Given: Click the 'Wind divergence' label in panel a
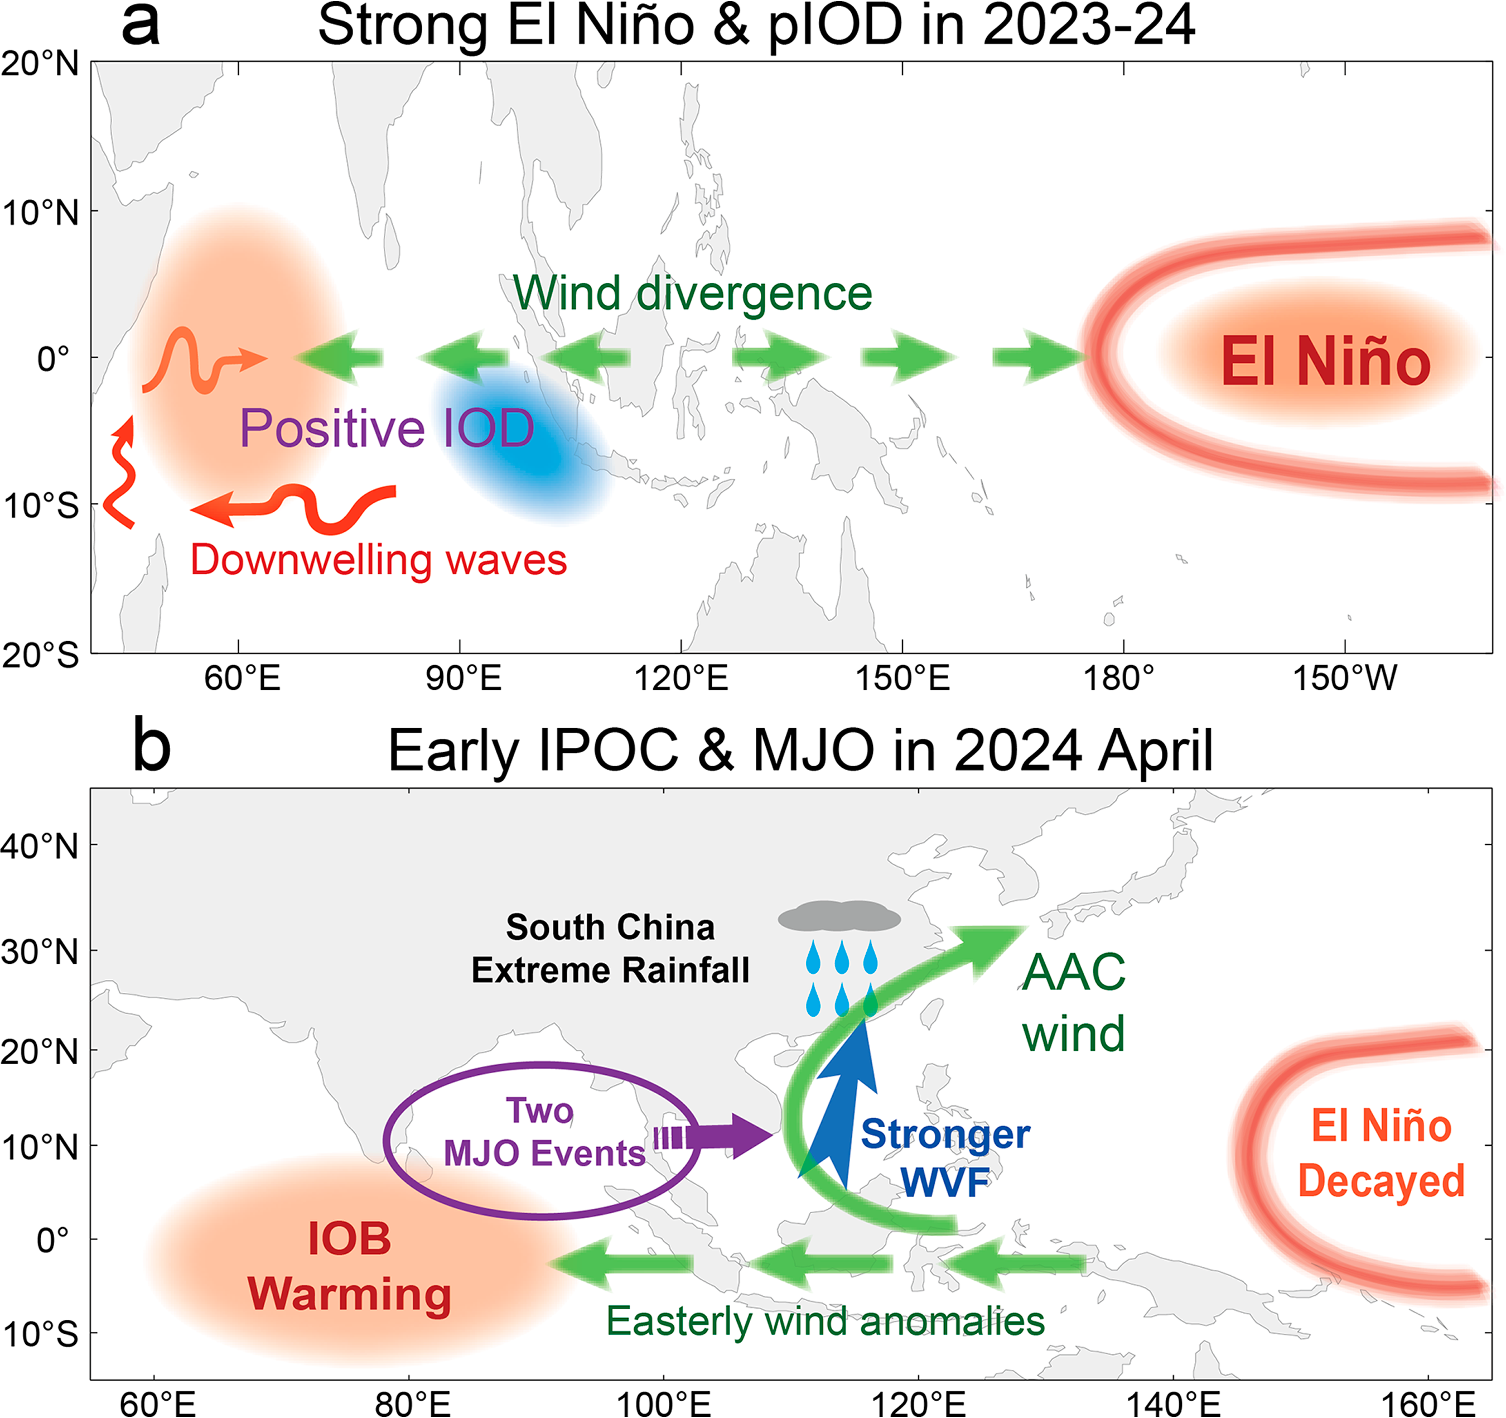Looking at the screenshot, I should pyautogui.click(x=692, y=294).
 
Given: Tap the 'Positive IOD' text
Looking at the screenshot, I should pyautogui.click(x=387, y=428).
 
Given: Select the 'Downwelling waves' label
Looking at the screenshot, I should pyautogui.click(x=378, y=560).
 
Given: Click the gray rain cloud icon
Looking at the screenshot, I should pyautogui.click(x=839, y=917).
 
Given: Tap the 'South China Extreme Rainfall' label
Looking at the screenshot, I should pyautogui.click(x=611, y=949).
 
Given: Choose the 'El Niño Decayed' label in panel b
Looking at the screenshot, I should pyautogui.click(x=1381, y=1153).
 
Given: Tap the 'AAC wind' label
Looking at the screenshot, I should pyautogui.click(x=1073, y=1003).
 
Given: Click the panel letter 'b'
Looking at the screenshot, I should pyautogui.click(x=152, y=747).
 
